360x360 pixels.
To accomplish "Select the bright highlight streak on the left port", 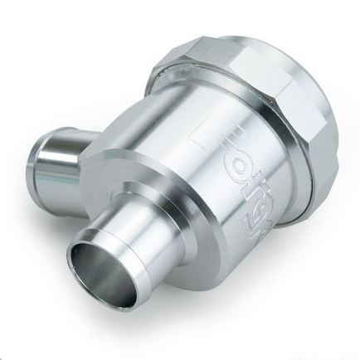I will pos(66,150).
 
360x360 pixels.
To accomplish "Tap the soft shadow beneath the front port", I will pos(158,328).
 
